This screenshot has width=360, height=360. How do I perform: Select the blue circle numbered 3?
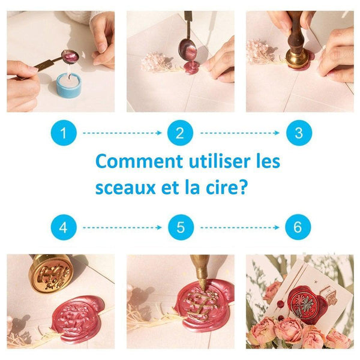coord(295,133)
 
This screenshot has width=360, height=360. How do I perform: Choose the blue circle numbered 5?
coord(179,228)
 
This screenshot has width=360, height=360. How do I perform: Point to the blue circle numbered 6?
coord(295,228)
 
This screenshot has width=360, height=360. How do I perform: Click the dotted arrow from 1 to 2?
coord(122,133)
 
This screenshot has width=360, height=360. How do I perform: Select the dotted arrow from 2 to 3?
coord(238,133)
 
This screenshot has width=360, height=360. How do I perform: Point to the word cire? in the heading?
coord(226,188)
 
